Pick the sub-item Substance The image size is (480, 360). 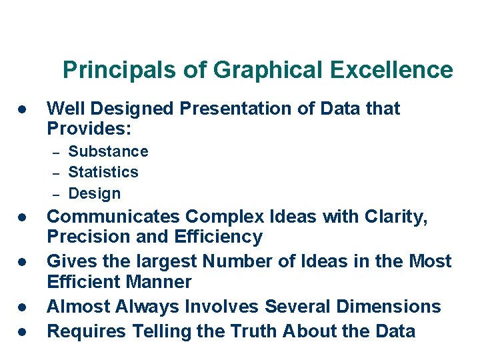tap(108, 152)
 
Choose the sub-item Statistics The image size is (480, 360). tap(103, 172)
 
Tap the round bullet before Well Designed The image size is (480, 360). tap(22, 109)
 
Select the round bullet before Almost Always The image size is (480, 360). tap(22, 307)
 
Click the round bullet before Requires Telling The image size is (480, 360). tap(22, 331)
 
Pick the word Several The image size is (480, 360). tap(298, 307)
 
